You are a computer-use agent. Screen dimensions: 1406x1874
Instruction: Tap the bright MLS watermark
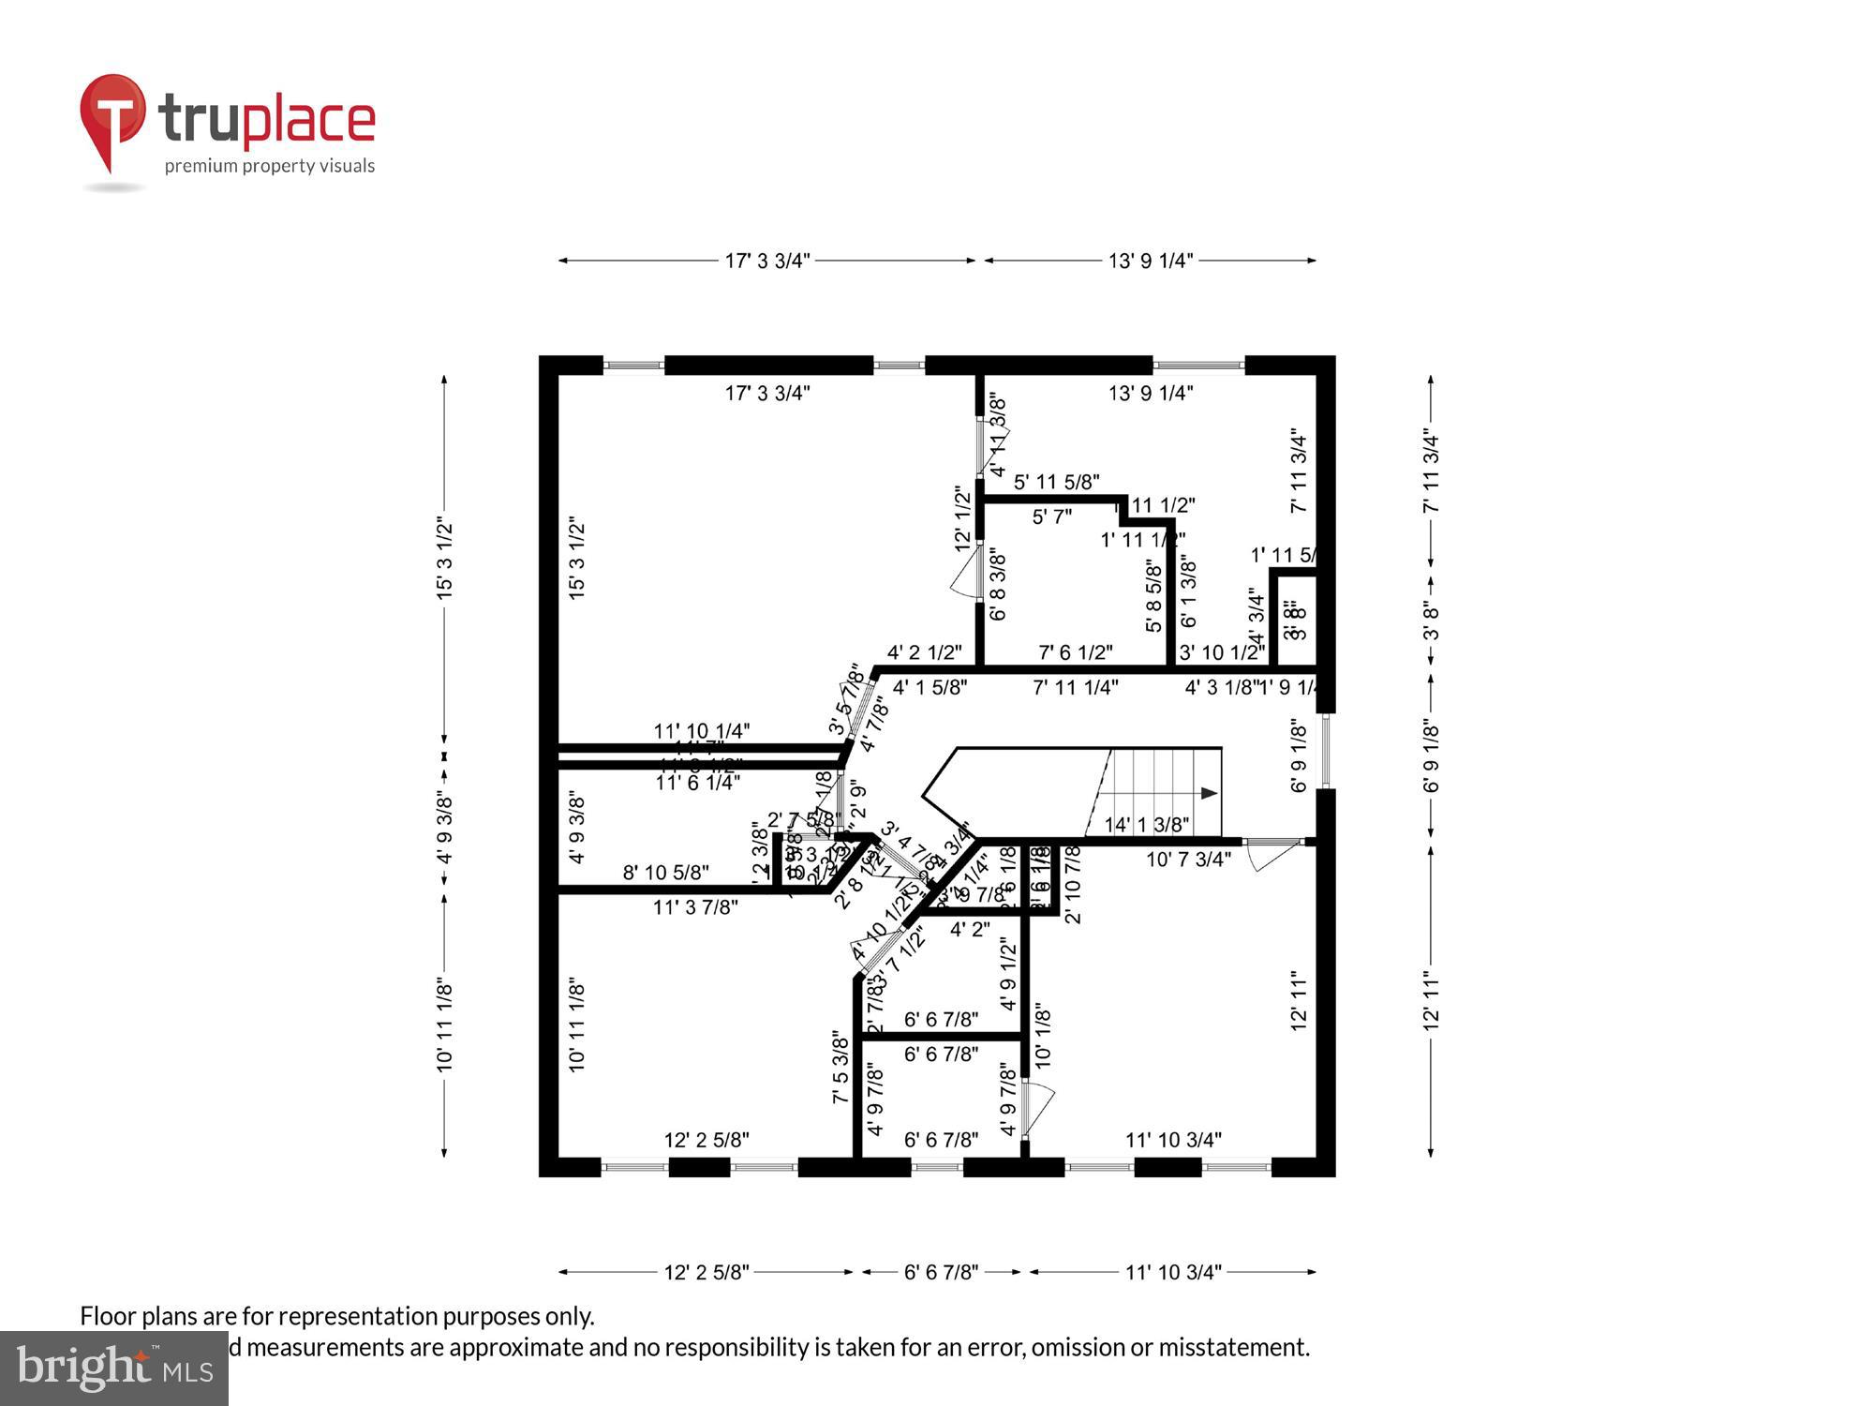[114, 1369]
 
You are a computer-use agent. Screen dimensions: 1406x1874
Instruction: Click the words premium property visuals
[270, 167]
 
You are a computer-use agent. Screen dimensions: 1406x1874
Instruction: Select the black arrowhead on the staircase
[1210, 793]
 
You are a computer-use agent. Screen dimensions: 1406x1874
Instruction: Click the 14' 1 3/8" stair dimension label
[1147, 825]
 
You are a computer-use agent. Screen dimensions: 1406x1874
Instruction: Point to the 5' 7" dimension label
[1051, 516]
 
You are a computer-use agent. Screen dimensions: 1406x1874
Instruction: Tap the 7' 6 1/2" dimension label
[1075, 651]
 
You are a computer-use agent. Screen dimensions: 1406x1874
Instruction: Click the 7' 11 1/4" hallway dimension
[1075, 687]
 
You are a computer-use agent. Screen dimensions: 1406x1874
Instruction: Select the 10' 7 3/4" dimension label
[1188, 859]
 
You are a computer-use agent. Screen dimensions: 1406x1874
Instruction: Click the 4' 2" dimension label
[970, 930]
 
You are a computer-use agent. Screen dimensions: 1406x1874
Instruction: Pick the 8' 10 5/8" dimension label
[665, 873]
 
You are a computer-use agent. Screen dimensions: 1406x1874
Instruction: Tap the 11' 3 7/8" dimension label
[695, 906]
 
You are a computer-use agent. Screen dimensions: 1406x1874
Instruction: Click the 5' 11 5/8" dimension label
[1056, 482]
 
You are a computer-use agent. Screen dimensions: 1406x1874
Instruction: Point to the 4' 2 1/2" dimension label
[924, 651]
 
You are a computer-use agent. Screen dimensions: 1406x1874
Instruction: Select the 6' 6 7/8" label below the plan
[941, 1272]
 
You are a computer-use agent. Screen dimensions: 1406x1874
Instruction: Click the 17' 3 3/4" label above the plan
[766, 261]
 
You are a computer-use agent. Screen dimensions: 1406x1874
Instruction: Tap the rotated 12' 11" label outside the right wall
[1431, 1001]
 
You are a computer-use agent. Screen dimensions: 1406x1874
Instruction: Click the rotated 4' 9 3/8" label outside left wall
[445, 830]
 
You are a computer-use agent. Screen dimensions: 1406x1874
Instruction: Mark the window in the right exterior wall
[1326, 750]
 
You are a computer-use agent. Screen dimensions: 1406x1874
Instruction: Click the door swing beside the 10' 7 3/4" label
[1274, 853]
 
